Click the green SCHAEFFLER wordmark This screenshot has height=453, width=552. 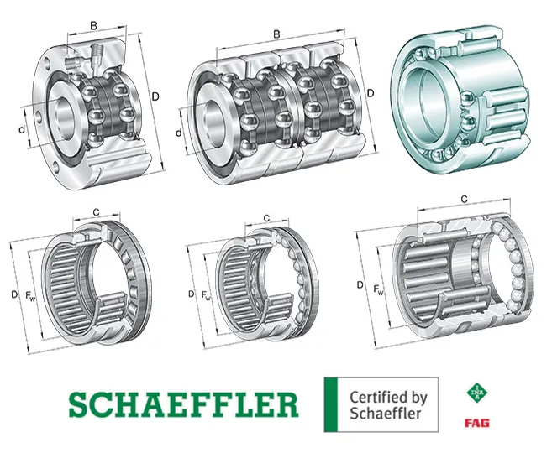(182, 404)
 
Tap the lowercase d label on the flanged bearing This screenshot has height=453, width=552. (21, 128)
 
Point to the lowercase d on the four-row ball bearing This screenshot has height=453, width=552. (179, 133)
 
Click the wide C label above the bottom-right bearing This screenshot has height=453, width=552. (465, 198)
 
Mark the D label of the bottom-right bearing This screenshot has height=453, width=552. (360, 285)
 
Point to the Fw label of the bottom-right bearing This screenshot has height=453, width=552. (379, 291)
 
